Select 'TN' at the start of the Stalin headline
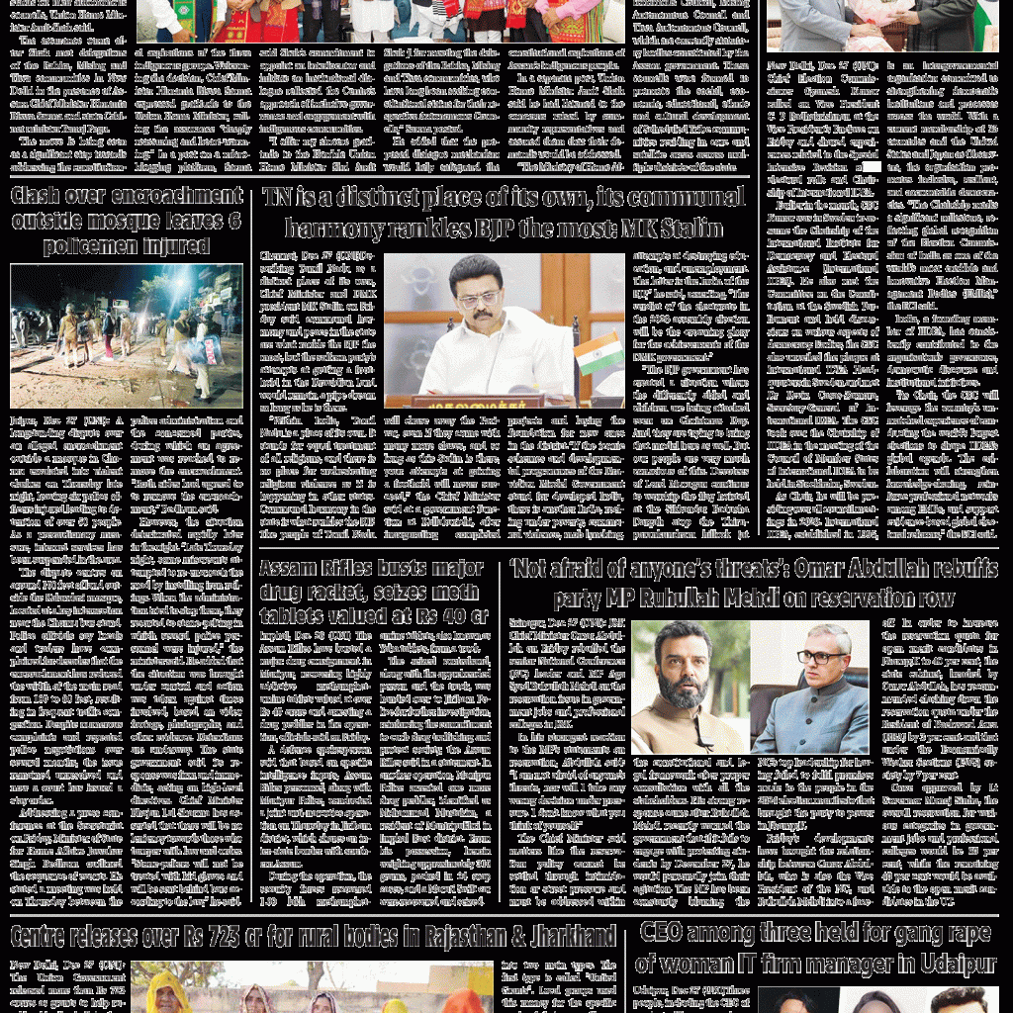tap(280, 199)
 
